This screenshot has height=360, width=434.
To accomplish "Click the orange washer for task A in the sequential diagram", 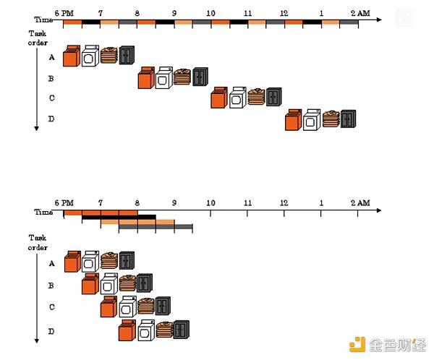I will tap(71, 56).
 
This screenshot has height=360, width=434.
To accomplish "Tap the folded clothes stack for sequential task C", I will tap(257, 97).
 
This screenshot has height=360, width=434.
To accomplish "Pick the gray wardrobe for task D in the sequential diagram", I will tap(349, 119).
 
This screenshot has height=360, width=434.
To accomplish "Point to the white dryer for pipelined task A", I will tap(90, 262).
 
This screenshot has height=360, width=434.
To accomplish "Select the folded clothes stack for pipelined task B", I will tap(127, 284).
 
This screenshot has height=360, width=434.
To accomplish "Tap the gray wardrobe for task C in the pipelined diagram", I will tap(163, 306).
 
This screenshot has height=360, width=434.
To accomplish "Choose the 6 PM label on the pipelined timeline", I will tap(64, 202).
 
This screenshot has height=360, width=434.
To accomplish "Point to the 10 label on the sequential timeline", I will tap(210, 13).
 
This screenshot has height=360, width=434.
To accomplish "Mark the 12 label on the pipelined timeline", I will tap(284, 202).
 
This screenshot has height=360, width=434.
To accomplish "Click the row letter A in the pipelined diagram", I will tap(51, 264).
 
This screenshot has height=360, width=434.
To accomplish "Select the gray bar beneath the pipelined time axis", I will tap(156, 227).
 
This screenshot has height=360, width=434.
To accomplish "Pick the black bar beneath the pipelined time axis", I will tap(119, 216).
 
